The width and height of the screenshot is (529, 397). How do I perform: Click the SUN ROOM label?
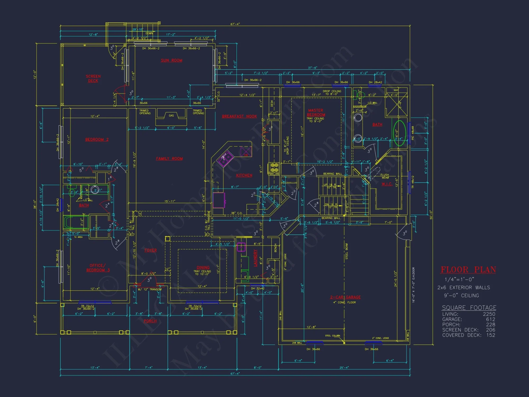[x=171, y=60]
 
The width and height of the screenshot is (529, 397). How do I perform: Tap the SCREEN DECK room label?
[x=93, y=78]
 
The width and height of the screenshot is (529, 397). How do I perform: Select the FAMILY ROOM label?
[x=169, y=159]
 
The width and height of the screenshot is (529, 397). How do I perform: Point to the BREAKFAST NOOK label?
[x=239, y=116]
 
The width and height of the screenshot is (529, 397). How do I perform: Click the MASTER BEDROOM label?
[x=316, y=112]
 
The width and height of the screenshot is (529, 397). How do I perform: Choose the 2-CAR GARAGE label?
[x=345, y=297]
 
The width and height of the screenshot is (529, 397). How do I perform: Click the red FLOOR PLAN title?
[x=468, y=270]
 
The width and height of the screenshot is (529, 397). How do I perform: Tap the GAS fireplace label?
[x=171, y=116]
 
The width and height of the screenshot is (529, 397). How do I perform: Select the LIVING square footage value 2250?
[x=489, y=314]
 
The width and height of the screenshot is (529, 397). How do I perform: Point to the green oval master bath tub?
[x=399, y=133]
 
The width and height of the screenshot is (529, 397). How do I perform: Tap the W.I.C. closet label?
[x=387, y=184]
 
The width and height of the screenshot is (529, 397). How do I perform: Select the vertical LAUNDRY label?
[x=256, y=258]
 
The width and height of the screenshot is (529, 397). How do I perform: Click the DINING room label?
[x=203, y=268]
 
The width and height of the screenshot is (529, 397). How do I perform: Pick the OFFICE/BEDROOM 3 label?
[x=98, y=268]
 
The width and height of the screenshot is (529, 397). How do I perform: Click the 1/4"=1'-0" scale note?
[x=459, y=279]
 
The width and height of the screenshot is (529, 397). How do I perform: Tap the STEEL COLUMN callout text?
[x=332, y=336]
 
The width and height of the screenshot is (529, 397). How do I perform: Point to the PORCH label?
[x=150, y=321]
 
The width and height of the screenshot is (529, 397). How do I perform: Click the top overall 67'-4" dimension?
[x=235, y=24]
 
